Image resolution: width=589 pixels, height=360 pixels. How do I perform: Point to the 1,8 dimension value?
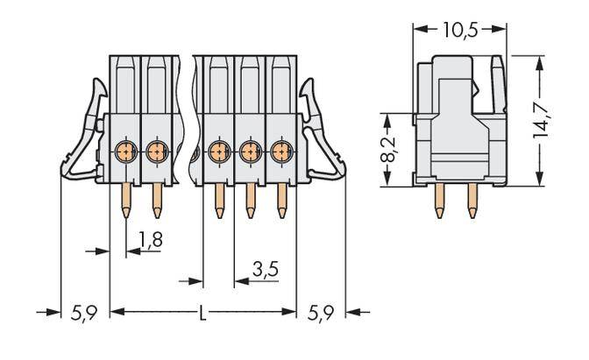coord(151,238)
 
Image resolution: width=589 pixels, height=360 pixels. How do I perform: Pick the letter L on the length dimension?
coord(203,312)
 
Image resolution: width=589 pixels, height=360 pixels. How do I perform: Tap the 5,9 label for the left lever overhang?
coord(84,313)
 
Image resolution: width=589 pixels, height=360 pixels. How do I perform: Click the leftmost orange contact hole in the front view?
coord(125,152)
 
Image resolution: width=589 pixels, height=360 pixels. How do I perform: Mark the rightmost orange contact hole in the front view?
coord(280,152)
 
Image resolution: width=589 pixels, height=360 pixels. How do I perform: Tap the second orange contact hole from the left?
coord(157,152)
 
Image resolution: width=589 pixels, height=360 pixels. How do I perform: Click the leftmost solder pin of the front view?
coord(125,199)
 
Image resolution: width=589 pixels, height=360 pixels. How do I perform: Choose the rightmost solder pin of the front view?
coord(280,199)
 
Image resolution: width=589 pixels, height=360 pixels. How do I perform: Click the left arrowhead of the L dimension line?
coord(116,312)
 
